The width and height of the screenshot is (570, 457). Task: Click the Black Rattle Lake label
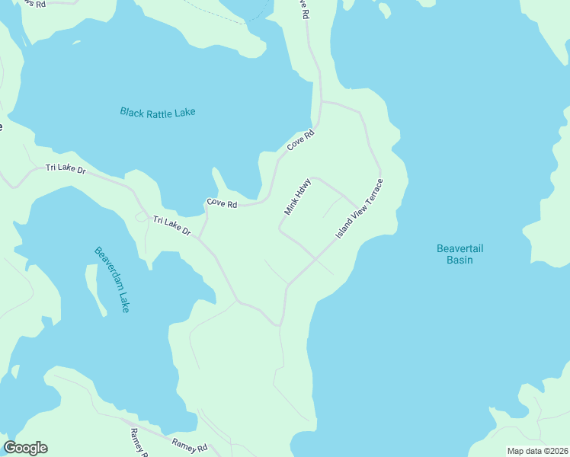point(158,112)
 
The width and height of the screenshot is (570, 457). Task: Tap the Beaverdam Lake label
point(112,279)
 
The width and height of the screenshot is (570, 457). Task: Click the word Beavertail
point(460,248)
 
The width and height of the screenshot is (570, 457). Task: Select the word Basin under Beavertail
point(460,260)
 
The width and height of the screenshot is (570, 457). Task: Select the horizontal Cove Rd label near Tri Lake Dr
point(222,204)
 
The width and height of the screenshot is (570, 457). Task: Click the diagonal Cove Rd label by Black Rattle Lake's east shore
point(300,140)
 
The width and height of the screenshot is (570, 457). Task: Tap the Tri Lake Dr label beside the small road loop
point(171,225)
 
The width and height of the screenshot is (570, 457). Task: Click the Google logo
point(25,448)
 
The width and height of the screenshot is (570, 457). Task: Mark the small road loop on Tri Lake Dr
point(141,217)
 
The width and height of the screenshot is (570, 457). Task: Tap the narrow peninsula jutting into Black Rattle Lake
point(222,181)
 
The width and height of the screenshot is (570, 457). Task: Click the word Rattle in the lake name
point(160,112)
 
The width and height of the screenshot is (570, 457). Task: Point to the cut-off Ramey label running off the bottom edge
point(139,442)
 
